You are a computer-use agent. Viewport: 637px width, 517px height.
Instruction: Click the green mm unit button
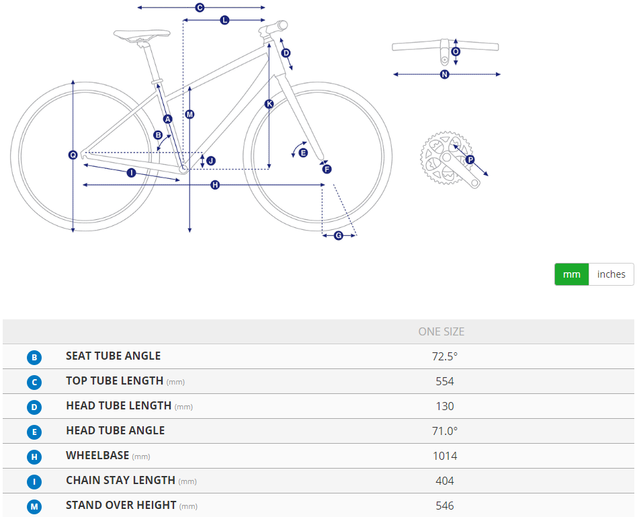click(571, 274)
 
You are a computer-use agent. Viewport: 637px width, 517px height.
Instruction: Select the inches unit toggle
click(611, 274)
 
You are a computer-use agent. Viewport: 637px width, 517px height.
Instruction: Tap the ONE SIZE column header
click(441, 331)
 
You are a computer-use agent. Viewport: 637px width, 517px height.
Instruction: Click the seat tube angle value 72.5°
click(445, 356)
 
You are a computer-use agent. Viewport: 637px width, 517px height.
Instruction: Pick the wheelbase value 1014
click(445, 456)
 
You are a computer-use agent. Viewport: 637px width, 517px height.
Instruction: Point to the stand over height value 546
click(445, 506)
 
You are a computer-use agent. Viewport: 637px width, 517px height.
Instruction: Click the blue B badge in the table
click(34, 358)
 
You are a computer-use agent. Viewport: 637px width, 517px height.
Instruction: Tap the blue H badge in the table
click(34, 457)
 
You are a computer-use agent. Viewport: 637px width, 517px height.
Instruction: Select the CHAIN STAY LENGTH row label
click(120, 481)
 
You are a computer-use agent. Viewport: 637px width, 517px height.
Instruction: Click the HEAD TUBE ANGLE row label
click(115, 430)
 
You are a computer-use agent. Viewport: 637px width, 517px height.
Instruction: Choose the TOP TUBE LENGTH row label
click(114, 381)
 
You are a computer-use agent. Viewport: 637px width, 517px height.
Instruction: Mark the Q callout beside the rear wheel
click(73, 155)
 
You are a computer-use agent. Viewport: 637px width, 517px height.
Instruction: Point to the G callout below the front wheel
click(339, 235)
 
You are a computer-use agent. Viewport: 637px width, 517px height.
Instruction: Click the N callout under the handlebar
click(444, 75)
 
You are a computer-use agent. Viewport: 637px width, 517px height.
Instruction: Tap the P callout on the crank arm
click(470, 160)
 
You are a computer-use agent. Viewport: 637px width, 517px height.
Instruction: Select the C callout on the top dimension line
click(200, 7)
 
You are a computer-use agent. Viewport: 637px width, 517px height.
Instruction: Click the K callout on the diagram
click(269, 104)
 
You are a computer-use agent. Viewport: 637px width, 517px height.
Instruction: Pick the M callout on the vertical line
click(189, 114)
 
